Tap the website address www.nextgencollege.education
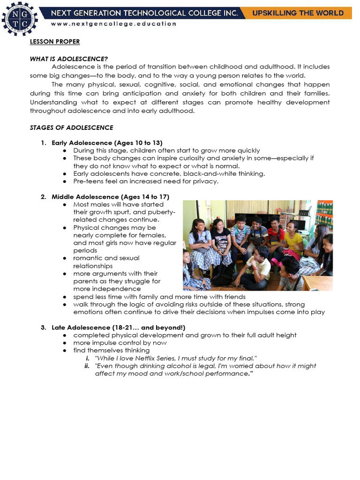click(114, 23)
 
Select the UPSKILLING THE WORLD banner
click(298, 13)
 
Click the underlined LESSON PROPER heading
click(55, 42)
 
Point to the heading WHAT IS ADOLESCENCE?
click(69, 59)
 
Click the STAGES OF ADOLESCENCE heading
click(71, 127)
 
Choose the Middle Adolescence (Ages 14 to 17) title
click(110, 196)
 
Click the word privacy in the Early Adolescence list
click(205, 181)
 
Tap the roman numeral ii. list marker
click(87, 366)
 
